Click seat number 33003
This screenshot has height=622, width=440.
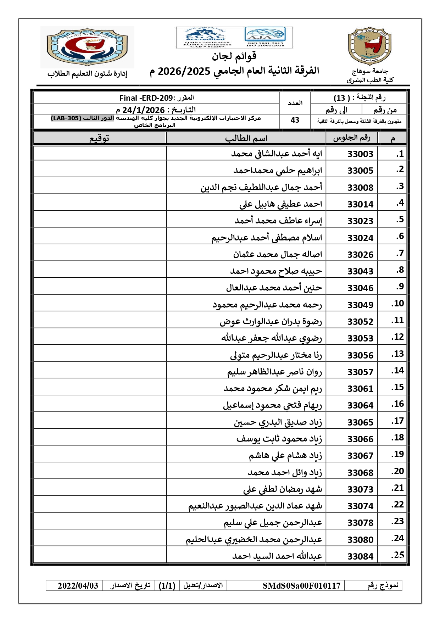click(360, 154)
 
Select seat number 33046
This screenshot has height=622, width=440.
click(360, 288)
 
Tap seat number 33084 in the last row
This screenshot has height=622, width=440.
click(360, 556)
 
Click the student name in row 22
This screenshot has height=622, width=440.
click(255, 506)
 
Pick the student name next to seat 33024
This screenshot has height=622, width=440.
click(267, 237)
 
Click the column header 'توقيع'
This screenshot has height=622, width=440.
click(99, 138)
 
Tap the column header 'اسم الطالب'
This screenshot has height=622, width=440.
click(246, 138)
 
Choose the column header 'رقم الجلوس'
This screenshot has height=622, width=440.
click(351, 138)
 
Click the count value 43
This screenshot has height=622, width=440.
click(295, 120)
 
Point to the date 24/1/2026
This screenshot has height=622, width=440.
click(143, 110)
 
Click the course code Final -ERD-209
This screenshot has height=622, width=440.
click(146, 98)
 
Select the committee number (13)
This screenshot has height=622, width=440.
click(341, 98)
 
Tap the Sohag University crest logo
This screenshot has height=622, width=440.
click(370, 46)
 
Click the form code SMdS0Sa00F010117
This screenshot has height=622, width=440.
click(301, 585)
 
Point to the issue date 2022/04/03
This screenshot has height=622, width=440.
click(78, 585)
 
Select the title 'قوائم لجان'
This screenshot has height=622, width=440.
click(234, 56)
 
